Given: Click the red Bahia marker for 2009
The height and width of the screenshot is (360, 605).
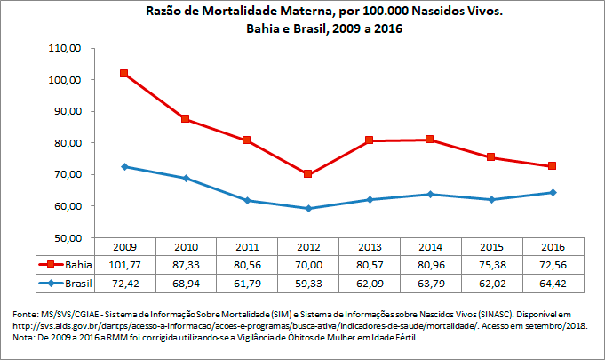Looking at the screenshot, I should click(x=123, y=74).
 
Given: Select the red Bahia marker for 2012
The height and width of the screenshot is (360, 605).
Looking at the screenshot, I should click(x=307, y=174).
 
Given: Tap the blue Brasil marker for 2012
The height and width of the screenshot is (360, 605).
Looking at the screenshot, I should click(x=307, y=208).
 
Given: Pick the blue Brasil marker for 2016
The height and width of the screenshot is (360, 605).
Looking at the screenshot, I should click(x=552, y=192).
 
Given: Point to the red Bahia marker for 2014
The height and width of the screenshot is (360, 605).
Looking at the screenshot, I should click(x=430, y=140).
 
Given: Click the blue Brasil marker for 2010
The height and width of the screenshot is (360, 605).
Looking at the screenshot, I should click(x=185, y=178).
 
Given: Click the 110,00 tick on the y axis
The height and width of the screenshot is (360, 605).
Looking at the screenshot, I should click(x=63, y=48).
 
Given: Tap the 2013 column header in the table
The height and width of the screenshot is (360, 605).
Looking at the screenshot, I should click(x=369, y=246).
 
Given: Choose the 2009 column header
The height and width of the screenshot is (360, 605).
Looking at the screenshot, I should click(x=123, y=246).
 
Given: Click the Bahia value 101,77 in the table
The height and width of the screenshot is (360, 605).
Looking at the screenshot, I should click(x=123, y=264).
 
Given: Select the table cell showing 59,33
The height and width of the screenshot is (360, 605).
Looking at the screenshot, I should click(x=307, y=283).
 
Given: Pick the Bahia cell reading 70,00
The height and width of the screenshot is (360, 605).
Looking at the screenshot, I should click(x=307, y=264).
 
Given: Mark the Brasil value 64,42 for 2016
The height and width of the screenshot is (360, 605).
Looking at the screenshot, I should click(x=552, y=283).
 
